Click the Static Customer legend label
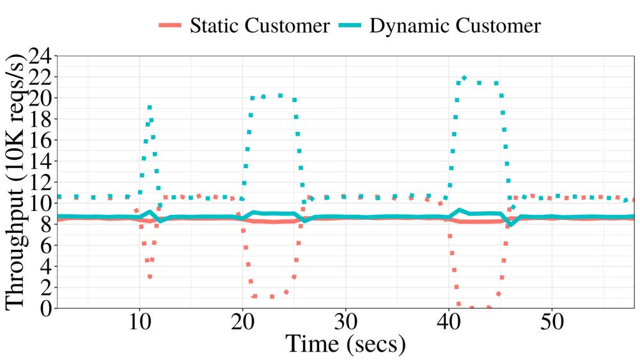coord(261,26)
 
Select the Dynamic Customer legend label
coord(455,26)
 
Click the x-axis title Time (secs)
coord(345,345)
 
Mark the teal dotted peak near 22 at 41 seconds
coord(464,78)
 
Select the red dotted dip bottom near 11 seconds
coord(150,276)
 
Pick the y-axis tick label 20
coord(38,98)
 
